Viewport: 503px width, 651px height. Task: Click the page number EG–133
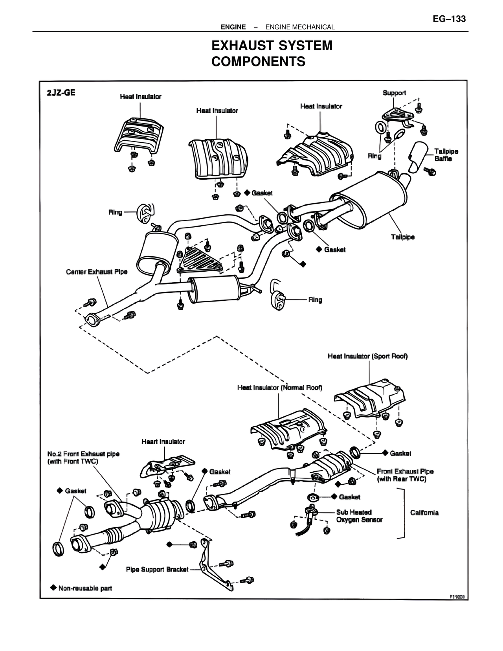[449, 19]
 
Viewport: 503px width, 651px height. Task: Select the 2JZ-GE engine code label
[61, 93]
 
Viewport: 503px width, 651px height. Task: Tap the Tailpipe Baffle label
[446, 155]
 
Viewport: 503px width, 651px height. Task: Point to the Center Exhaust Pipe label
[97, 272]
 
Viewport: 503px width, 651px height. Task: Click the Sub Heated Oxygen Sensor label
[359, 516]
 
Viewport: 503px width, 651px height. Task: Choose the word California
[424, 513]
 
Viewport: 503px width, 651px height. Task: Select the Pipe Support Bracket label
[157, 569]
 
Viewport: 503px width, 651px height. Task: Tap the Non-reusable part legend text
[85, 588]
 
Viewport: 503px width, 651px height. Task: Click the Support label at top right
[394, 93]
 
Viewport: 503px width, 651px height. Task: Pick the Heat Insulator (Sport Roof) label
[367, 356]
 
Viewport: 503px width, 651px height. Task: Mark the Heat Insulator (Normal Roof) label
[280, 388]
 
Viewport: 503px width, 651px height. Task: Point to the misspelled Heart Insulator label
[163, 442]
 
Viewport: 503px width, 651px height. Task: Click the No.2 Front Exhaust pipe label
[83, 458]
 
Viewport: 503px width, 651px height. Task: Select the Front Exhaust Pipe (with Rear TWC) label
[405, 475]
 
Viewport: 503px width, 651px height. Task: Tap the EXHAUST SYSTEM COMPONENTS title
[272, 53]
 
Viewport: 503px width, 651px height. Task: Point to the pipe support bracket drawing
[213, 566]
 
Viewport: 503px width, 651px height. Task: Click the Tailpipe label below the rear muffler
[402, 237]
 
